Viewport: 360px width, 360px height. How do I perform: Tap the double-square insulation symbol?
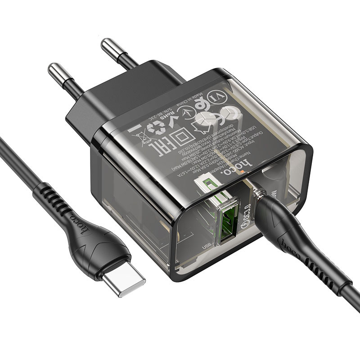178,135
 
